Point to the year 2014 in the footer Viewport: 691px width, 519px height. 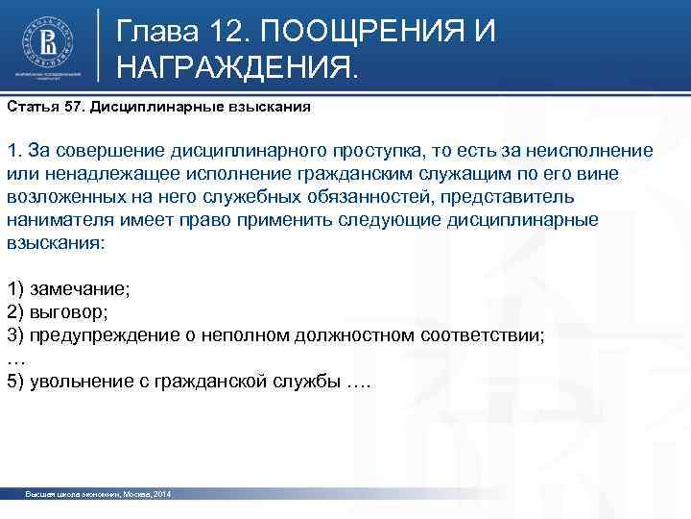click(x=161, y=493)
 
